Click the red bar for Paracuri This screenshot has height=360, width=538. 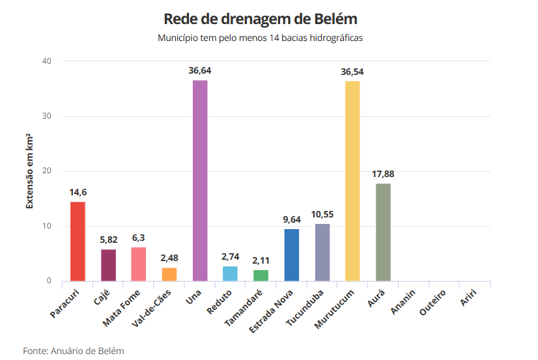[78, 242]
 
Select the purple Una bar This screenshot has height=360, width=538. [200, 181]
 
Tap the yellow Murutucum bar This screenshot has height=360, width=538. [352, 181]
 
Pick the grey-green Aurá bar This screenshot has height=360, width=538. [383, 232]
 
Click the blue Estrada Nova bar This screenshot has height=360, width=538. [291, 255]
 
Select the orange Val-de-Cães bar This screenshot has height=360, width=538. [169, 275]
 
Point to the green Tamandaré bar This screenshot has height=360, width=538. [261, 275]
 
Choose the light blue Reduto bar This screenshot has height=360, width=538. [230, 274]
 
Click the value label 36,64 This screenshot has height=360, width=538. [200, 70]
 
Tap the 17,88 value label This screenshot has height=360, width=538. [383, 174]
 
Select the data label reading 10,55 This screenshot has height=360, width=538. [322, 214]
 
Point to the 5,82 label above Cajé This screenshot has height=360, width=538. [108, 240]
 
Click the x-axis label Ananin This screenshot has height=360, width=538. [403, 301]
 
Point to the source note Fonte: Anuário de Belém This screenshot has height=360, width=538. [74, 351]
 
